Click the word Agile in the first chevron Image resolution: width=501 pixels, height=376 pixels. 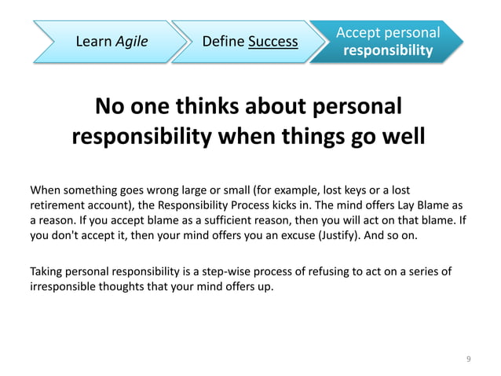[130, 40]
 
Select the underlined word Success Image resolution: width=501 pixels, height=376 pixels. [273, 40]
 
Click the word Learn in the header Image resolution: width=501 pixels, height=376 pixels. [93, 40]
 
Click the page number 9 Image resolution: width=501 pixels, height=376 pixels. [469, 359]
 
